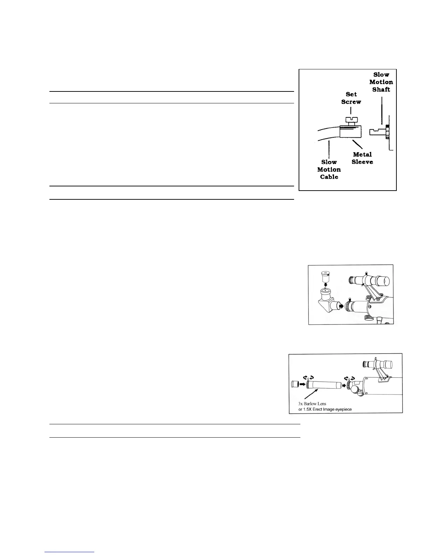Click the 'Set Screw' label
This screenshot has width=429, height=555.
tap(351, 98)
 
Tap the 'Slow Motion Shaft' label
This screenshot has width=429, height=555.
tap(381, 82)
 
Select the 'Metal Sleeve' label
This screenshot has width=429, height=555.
tap(362, 158)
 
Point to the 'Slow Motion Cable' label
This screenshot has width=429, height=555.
tap(329, 169)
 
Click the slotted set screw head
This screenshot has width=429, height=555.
tap(351, 121)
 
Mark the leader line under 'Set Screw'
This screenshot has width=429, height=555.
tap(351, 111)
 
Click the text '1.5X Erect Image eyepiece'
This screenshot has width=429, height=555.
tap(328, 409)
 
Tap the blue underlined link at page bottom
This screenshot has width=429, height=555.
tap(70, 552)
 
